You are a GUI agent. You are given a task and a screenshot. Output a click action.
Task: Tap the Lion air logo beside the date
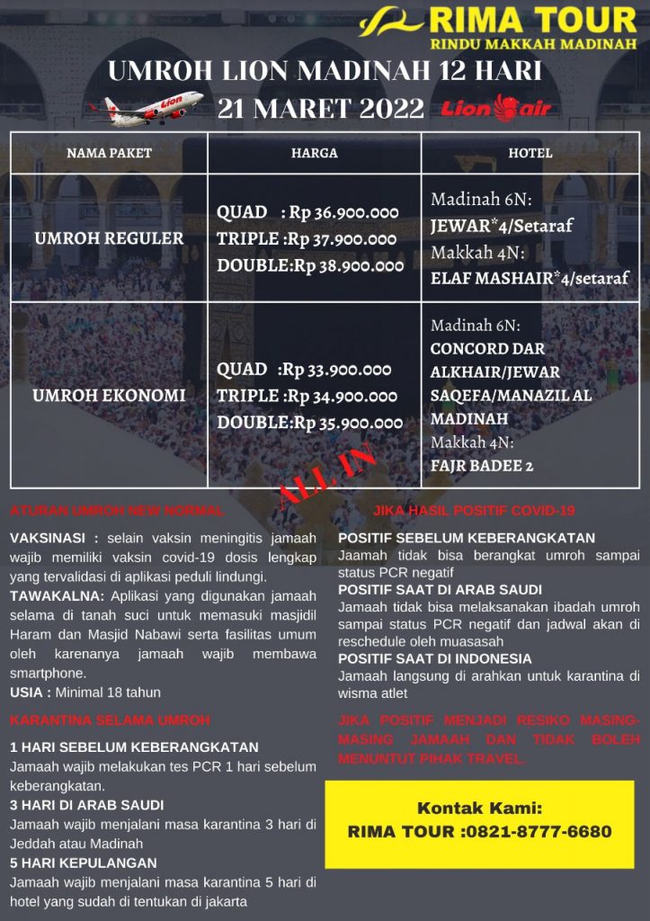tap(496, 109)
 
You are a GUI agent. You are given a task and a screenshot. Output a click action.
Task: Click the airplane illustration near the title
tap(146, 106)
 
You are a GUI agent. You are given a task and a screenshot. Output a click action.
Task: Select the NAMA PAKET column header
tap(109, 153)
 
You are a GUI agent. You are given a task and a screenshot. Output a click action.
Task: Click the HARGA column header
tap(314, 153)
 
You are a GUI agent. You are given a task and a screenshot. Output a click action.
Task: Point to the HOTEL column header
tap(530, 153)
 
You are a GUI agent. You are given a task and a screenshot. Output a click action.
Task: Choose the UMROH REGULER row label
tap(109, 238)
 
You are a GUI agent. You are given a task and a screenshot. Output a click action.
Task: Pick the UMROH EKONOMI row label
tap(109, 395)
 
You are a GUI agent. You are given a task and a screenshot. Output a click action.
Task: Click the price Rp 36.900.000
tap(343, 212)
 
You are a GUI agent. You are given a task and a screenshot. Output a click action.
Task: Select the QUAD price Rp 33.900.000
tap(337, 370)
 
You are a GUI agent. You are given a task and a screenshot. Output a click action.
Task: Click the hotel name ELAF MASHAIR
tap(489, 278)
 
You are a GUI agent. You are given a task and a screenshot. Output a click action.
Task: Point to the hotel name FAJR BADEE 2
tap(482, 466)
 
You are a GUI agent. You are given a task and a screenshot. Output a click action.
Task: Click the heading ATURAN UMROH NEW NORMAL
tap(117, 511)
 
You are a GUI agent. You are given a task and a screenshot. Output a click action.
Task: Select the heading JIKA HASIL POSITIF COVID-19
tap(474, 511)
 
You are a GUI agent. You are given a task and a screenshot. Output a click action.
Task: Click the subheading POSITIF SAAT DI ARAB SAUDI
tap(440, 590)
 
